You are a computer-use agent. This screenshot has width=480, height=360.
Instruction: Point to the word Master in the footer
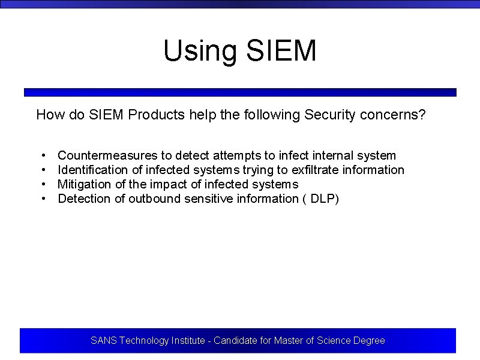tap(288, 341)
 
